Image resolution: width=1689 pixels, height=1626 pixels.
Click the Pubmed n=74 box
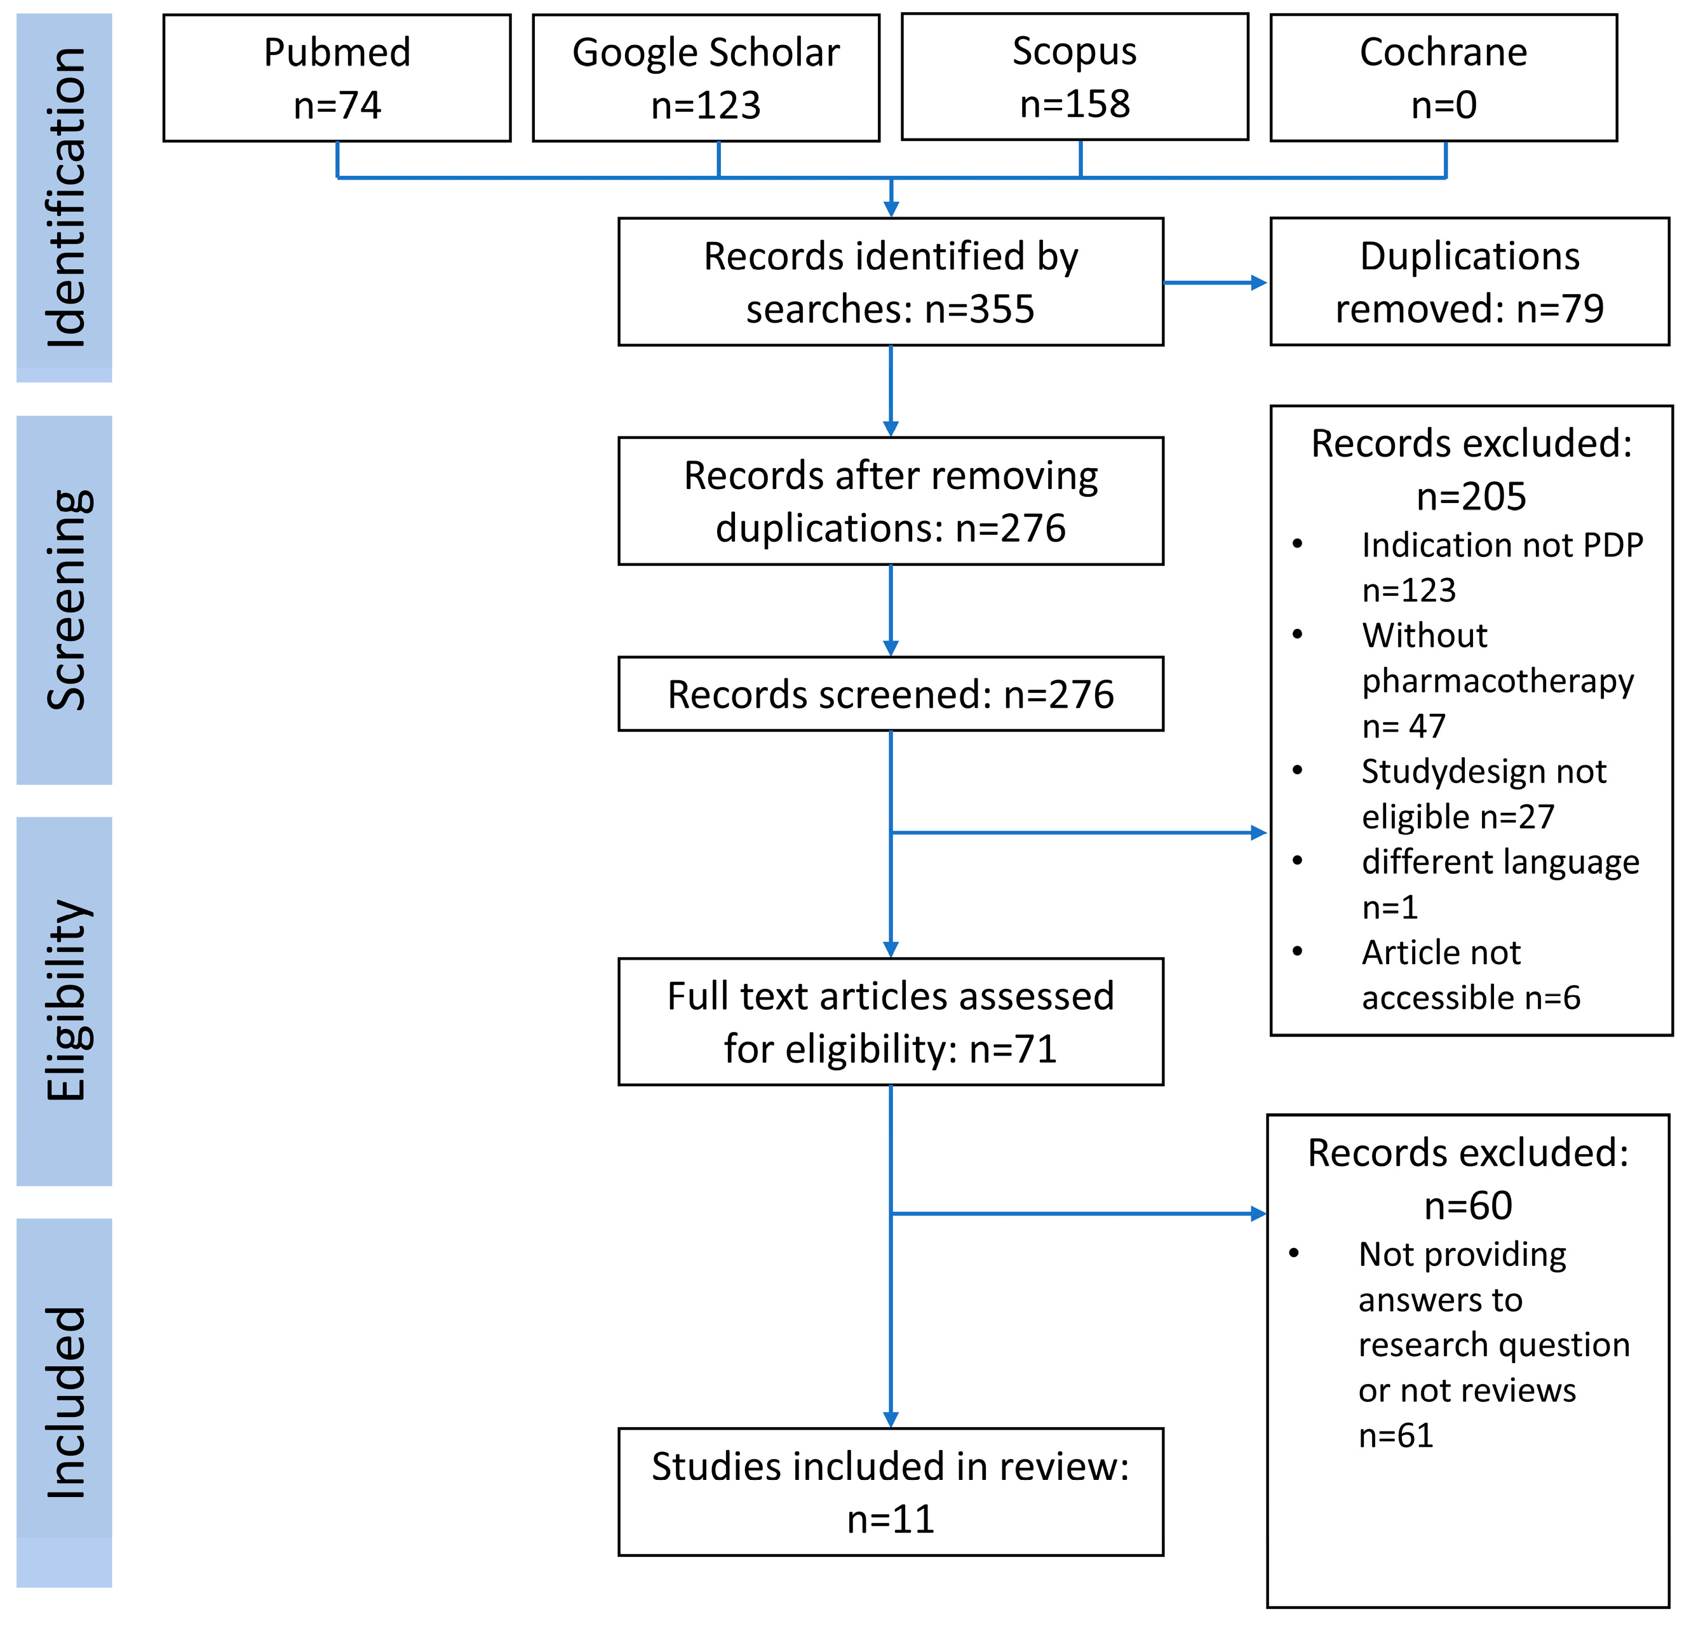(x=337, y=77)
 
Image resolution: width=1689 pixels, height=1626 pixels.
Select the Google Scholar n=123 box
(x=706, y=77)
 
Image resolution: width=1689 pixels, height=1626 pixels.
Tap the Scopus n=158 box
(x=1075, y=77)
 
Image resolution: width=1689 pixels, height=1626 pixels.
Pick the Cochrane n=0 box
(x=1443, y=77)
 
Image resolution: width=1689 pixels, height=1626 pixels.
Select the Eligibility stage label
(x=65, y=1000)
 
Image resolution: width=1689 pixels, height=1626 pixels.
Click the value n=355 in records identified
(x=979, y=309)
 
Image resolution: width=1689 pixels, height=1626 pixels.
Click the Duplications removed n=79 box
(x=1469, y=282)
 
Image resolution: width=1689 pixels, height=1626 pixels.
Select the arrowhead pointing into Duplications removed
(x=1259, y=282)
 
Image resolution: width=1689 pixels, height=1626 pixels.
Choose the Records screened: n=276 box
(x=890, y=694)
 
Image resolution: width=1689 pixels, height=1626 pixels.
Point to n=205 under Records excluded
(x=1471, y=497)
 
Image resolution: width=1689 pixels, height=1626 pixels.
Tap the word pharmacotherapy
(x=1498, y=681)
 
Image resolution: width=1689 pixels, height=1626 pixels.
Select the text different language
(x=1500, y=862)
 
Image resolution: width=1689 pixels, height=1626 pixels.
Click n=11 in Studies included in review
(x=890, y=1519)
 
